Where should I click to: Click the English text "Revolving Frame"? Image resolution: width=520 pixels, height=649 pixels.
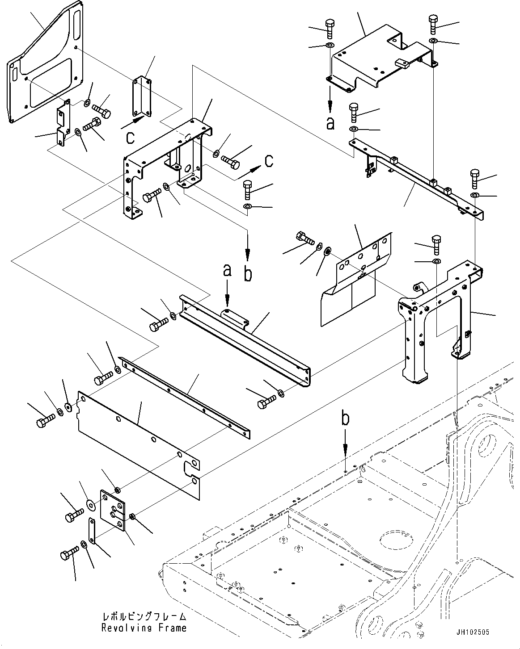144,628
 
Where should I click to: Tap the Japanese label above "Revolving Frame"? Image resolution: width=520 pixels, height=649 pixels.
144,617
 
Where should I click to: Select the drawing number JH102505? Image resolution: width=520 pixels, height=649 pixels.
473,632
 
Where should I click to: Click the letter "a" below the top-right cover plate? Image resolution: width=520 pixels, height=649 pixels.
330,123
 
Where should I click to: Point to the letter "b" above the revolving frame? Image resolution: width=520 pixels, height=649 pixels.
345,419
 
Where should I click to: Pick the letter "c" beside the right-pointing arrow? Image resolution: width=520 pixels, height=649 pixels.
269,161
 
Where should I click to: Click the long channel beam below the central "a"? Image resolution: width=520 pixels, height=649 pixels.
250,339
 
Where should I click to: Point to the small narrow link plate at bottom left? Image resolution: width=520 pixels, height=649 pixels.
92,531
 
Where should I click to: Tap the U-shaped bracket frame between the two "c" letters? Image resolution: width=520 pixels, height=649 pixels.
165,165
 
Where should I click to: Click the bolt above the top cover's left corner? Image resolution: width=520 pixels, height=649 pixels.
330,28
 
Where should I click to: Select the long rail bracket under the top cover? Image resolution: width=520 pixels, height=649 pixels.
416,179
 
